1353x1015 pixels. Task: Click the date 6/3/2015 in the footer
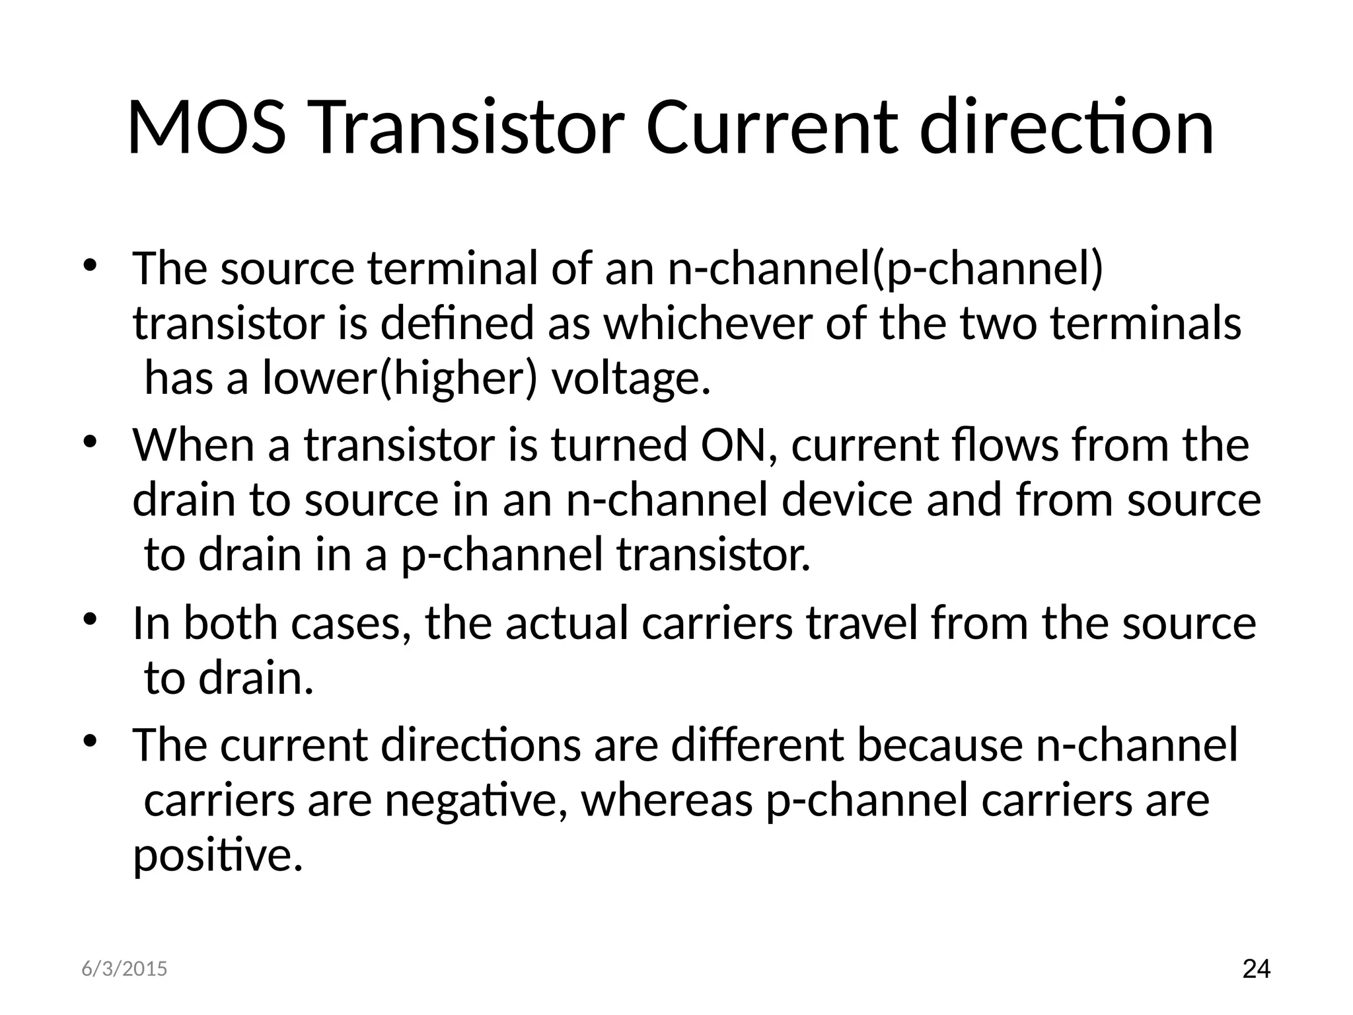(x=124, y=969)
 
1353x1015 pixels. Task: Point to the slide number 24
(x=1256, y=969)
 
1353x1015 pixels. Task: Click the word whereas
(x=666, y=801)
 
